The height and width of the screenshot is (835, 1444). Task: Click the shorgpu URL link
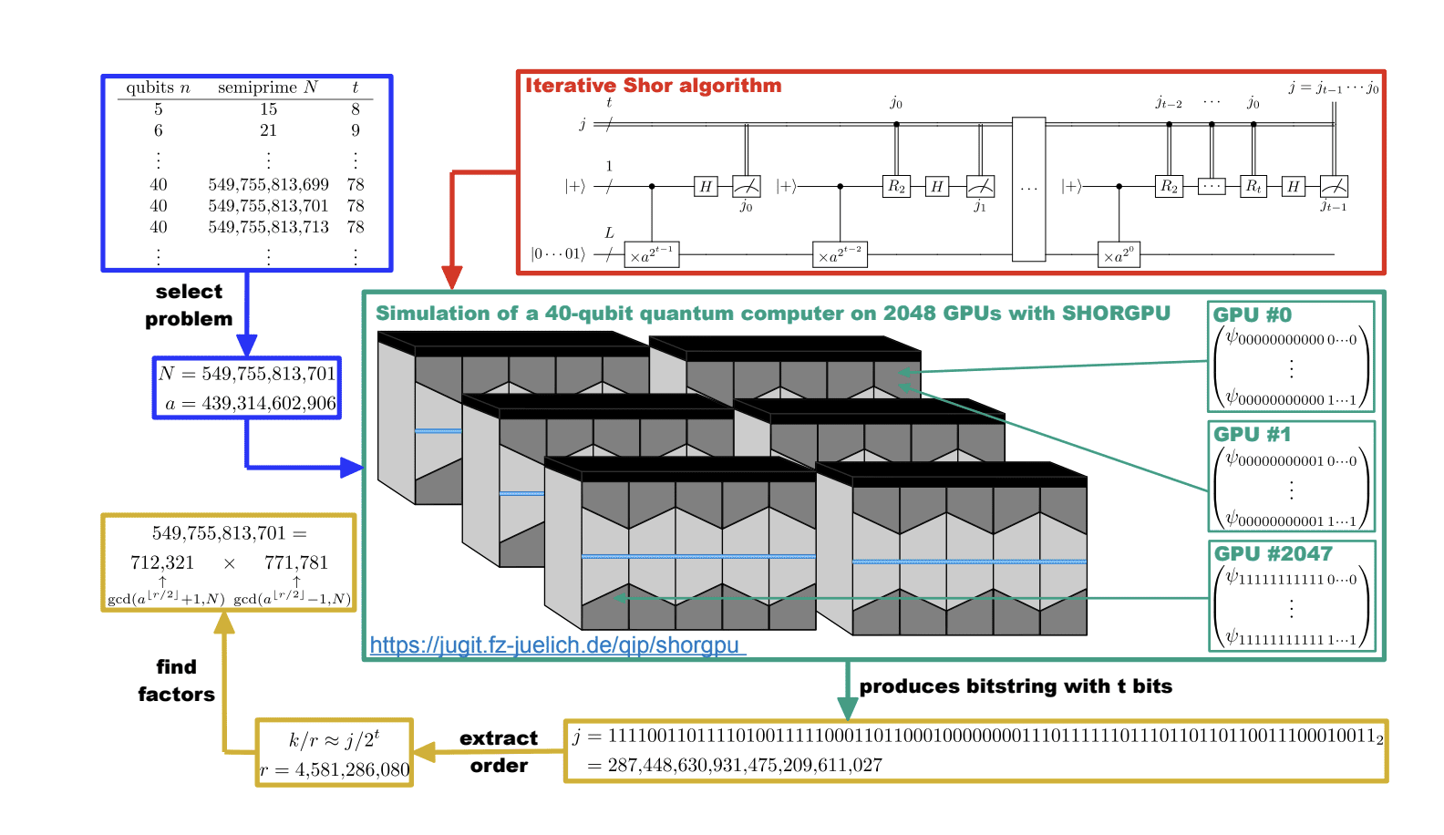(x=556, y=645)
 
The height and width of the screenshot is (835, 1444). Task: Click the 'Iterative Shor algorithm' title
(x=653, y=86)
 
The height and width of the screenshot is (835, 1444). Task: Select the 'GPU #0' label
(x=1252, y=315)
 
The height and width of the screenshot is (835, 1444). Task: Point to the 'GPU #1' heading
(x=1252, y=435)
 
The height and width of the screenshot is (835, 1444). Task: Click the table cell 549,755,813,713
(x=268, y=227)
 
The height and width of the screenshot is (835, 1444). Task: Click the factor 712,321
(x=162, y=562)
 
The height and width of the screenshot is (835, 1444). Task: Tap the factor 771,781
(x=295, y=562)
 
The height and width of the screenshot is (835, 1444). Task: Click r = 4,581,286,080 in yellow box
(x=335, y=770)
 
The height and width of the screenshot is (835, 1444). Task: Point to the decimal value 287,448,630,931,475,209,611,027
(x=744, y=765)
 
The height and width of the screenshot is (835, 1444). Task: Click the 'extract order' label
(x=499, y=751)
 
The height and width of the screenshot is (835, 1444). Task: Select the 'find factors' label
(x=176, y=680)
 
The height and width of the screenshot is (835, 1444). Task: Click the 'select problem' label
(x=189, y=304)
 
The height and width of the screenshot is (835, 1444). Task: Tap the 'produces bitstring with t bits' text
(x=1016, y=686)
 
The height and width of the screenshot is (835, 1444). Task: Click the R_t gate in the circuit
(x=1253, y=186)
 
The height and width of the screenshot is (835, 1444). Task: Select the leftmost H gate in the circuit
(x=705, y=186)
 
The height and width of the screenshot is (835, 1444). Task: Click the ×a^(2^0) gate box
(x=1119, y=256)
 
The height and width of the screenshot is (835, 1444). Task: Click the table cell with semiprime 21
(x=268, y=130)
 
